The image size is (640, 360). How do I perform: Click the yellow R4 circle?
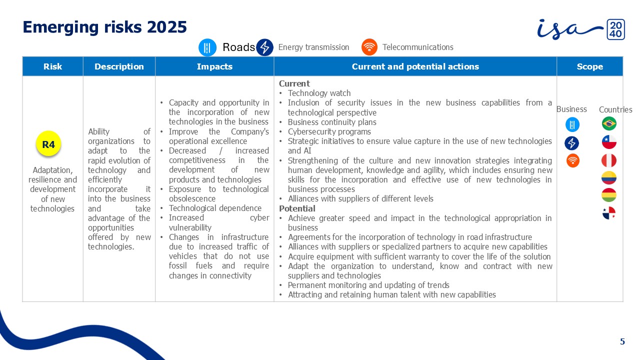point(48,145)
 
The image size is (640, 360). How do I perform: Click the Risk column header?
point(52,66)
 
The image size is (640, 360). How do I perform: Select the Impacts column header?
point(214,66)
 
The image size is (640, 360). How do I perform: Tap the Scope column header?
point(589,66)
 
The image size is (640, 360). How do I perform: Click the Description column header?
point(119,66)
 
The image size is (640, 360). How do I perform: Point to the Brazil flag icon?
point(609,123)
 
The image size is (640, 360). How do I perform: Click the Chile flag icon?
point(609,142)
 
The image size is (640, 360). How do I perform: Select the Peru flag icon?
point(609,160)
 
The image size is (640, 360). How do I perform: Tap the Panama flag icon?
point(609,213)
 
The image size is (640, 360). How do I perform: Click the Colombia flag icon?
point(609,178)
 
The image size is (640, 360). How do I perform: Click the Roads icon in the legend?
point(207,47)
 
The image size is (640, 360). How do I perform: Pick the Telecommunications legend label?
point(417,47)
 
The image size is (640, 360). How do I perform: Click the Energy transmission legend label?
point(313,47)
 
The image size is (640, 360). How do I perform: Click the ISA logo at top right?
point(580,29)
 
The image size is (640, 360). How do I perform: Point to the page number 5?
point(622,342)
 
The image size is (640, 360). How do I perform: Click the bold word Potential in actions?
point(297,208)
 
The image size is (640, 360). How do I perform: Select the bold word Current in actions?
point(294,83)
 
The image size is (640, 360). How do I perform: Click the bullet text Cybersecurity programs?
point(329,132)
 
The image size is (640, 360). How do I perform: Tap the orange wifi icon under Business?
point(572,160)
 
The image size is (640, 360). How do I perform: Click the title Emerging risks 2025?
point(105,27)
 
